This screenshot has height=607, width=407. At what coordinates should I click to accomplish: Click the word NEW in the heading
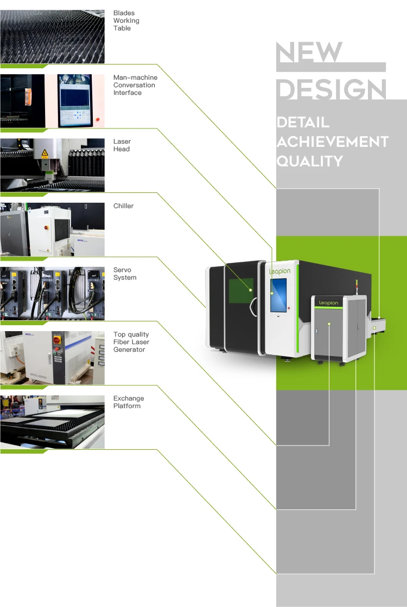(309, 53)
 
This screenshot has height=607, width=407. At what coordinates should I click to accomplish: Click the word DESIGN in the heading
(331, 89)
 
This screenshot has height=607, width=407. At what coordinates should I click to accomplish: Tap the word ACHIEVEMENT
(332, 142)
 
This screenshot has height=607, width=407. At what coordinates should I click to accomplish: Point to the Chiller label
(123, 206)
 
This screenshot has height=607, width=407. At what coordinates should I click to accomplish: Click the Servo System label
(125, 274)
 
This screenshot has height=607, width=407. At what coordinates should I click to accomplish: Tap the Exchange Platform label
(129, 402)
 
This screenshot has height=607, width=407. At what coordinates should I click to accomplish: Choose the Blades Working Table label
(126, 21)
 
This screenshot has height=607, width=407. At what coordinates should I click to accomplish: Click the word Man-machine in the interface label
(135, 78)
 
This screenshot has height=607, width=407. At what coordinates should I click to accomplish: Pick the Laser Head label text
(122, 145)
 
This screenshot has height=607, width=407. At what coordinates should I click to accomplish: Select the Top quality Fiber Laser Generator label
(131, 342)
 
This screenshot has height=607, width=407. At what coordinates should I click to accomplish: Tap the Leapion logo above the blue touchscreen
(279, 270)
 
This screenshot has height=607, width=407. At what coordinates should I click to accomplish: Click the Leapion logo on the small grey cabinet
(328, 303)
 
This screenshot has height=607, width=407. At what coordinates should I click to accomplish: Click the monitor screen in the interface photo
(75, 100)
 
